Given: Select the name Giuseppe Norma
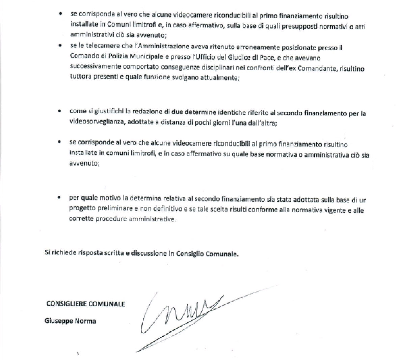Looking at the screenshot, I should (70, 321).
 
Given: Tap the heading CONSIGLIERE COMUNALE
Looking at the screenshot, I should (85, 304).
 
